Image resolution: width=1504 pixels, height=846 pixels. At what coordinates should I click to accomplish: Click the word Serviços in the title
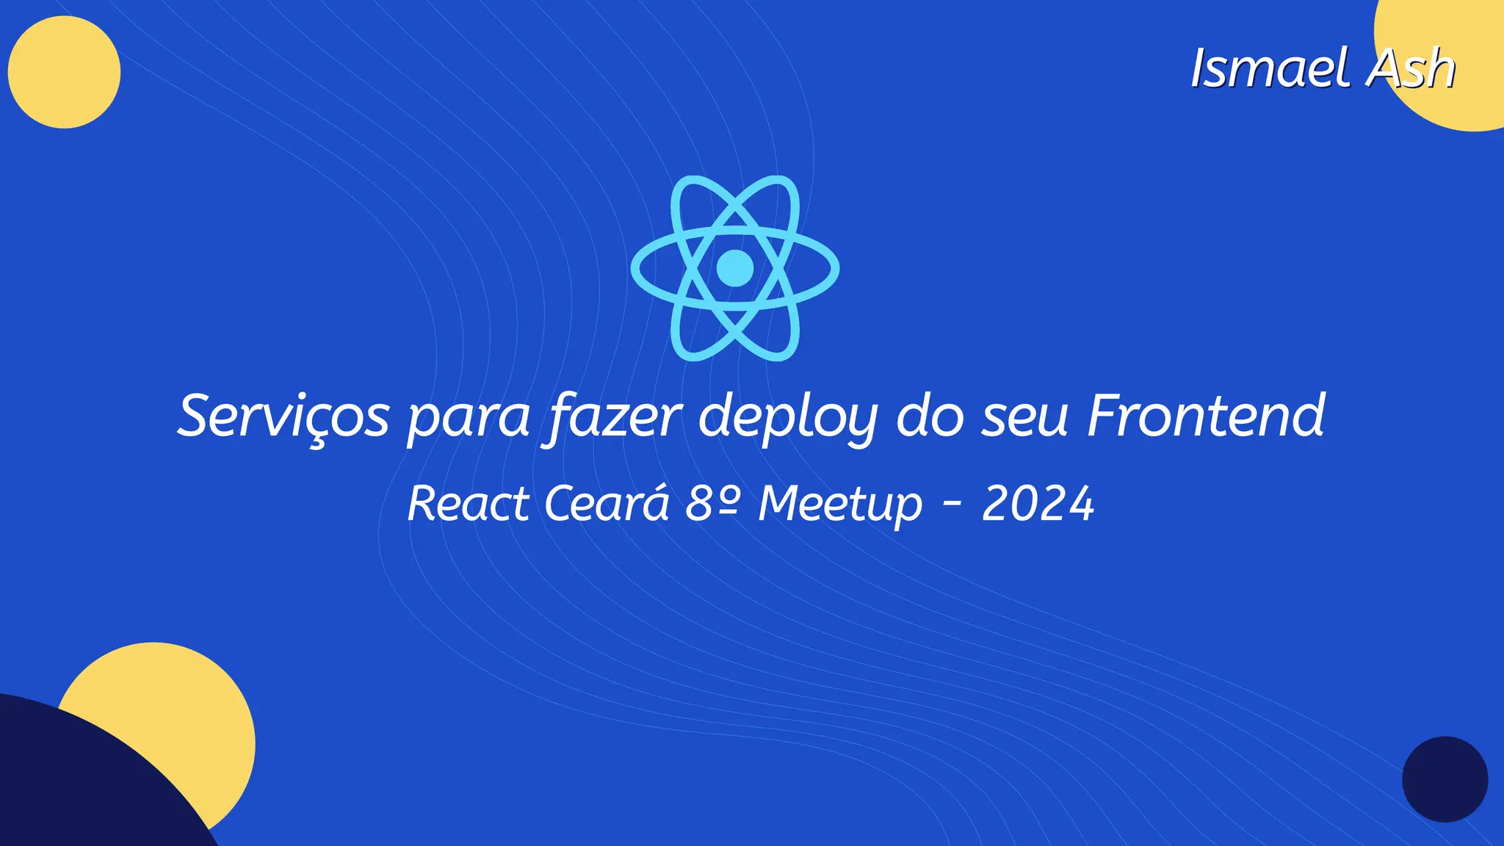[283, 416]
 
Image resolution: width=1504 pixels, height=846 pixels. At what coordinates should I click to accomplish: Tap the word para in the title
[469, 419]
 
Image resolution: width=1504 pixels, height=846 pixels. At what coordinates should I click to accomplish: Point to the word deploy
[788, 419]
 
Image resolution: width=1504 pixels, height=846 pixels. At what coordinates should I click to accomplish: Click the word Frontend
[1206, 416]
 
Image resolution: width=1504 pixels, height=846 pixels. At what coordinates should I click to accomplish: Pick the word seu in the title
[1025, 419]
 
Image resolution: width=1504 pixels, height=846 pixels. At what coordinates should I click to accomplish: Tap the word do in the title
[930, 416]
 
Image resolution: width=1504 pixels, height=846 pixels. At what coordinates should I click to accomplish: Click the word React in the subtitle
[468, 504]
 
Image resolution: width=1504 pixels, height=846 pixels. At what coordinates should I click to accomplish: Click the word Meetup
[840, 505]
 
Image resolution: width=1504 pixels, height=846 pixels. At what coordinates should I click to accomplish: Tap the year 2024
[1038, 504]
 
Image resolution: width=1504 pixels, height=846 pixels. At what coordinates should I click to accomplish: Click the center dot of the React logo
[734, 268]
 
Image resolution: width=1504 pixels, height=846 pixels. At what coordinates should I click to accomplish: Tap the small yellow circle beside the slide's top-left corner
[64, 72]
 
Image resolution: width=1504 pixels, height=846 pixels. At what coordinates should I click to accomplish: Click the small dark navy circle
[1445, 779]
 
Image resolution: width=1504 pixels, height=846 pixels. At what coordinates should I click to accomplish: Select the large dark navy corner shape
[66, 786]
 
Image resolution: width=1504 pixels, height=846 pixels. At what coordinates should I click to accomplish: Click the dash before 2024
[952, 504]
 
